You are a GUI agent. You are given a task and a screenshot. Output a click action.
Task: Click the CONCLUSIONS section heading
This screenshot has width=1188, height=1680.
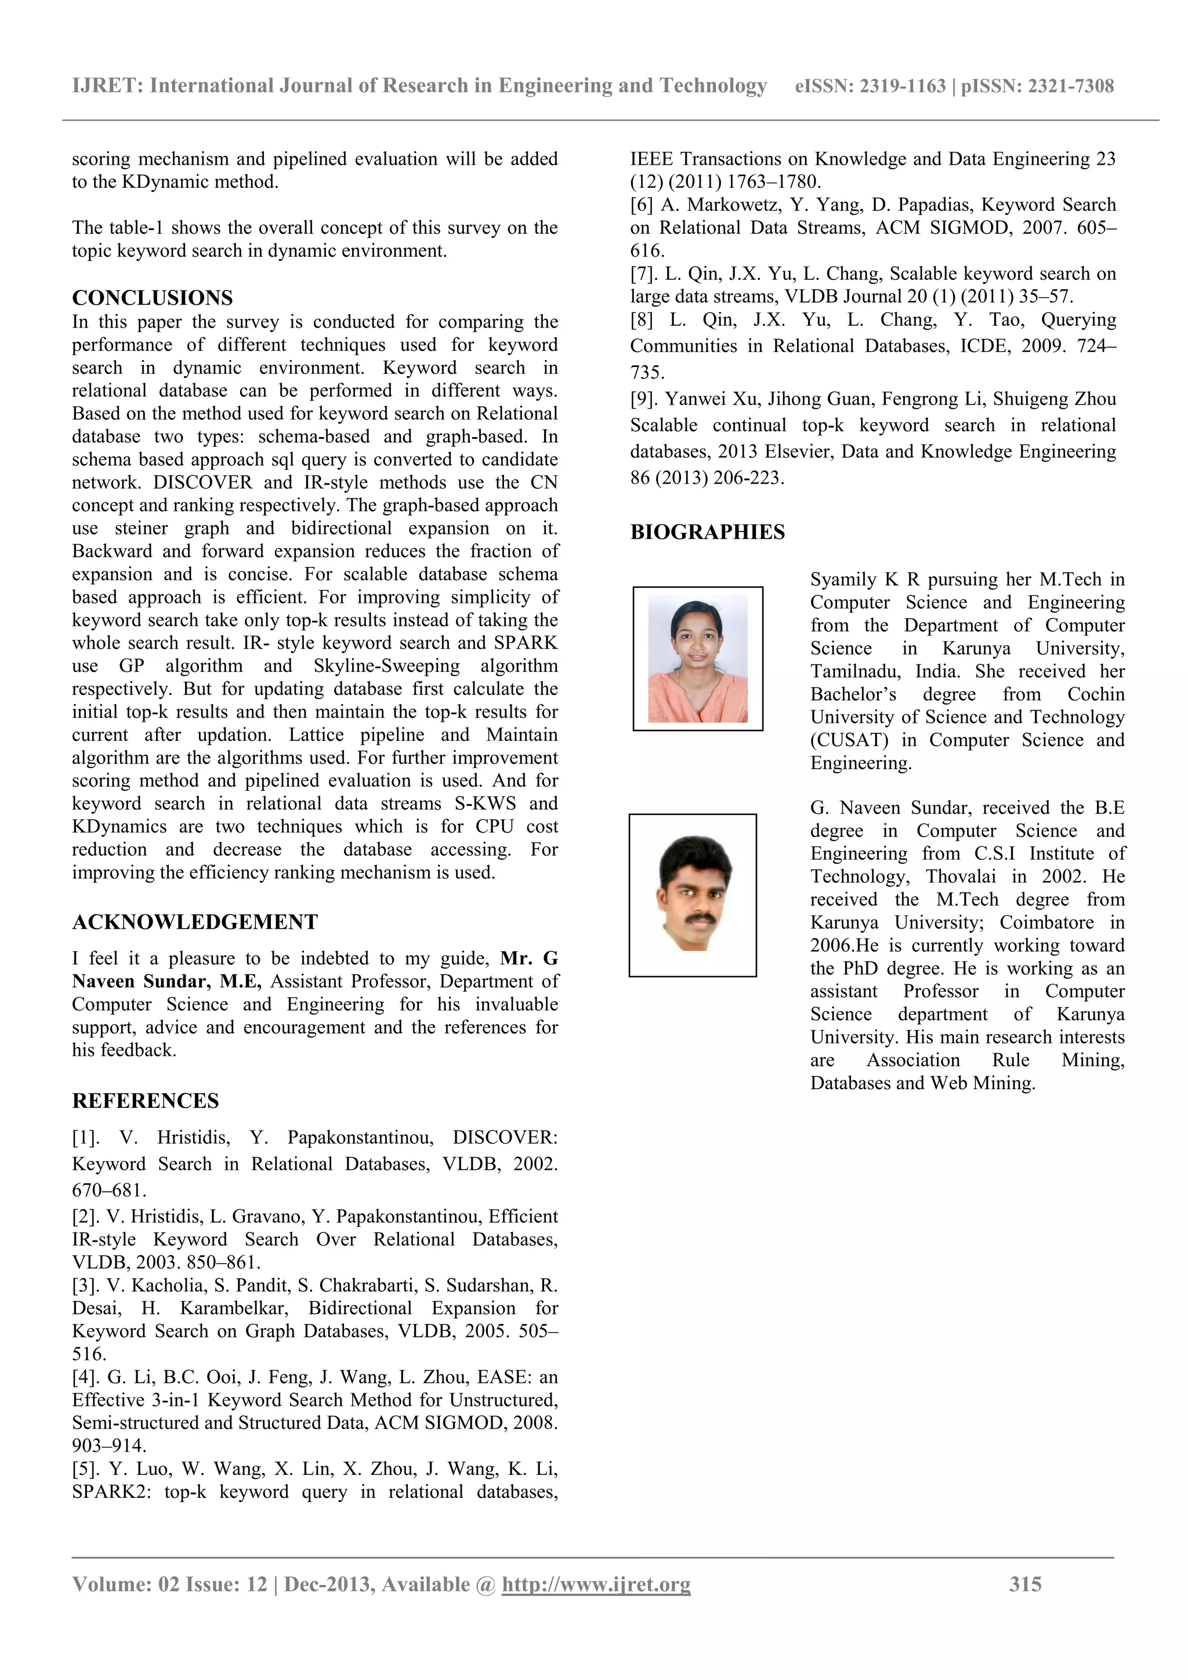pos(152,298)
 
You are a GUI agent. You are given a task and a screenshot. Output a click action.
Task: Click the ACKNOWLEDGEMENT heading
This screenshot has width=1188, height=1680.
pos(195,922)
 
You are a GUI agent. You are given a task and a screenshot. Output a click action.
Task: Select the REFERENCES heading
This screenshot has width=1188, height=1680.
pos(145,1101)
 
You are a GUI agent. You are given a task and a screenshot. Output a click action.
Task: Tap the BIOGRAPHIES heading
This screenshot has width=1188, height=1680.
pos(707,532)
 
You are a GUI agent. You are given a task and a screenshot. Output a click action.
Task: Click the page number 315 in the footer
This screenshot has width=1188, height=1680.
pos(1025,1584)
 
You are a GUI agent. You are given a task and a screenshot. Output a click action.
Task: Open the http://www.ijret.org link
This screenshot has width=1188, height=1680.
pos(596,1584)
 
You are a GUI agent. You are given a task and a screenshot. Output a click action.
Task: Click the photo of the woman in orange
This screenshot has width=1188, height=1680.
pos(698,659)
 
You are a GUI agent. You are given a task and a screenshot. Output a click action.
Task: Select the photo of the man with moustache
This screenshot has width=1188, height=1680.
pos(693,895)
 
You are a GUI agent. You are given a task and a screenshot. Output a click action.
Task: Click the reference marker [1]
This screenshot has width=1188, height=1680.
pos(86,1138)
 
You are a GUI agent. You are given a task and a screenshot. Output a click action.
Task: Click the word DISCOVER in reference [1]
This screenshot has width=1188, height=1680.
pos(504,1138)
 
